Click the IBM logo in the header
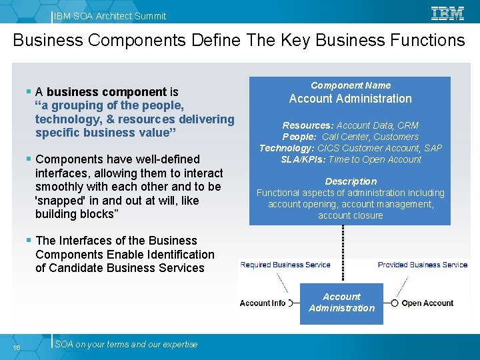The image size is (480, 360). pos(447,14)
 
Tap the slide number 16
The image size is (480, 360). pos(17,347)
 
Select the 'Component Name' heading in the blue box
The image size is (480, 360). pos(351,85)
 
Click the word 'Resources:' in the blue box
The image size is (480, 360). pos(307,125)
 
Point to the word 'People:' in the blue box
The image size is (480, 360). pos(299,137)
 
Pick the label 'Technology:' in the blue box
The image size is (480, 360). pos(287,148)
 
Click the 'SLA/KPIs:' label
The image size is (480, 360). pos(303,159)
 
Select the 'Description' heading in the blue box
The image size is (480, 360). pos(351,181)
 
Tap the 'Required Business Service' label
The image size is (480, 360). pos(285,265)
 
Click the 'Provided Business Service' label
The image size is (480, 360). pos(423,265)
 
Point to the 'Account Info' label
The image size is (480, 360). pos(263,303)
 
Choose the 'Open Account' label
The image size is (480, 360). pos(427,303)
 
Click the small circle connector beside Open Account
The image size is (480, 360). pos(395,303)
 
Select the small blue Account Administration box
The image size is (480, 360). pos(341,304)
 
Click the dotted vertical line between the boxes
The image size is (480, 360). pos(343,253)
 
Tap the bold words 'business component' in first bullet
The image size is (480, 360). pos(107,92)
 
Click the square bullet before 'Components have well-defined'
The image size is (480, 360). pos(29,159)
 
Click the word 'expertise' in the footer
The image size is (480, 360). pos(180,345)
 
